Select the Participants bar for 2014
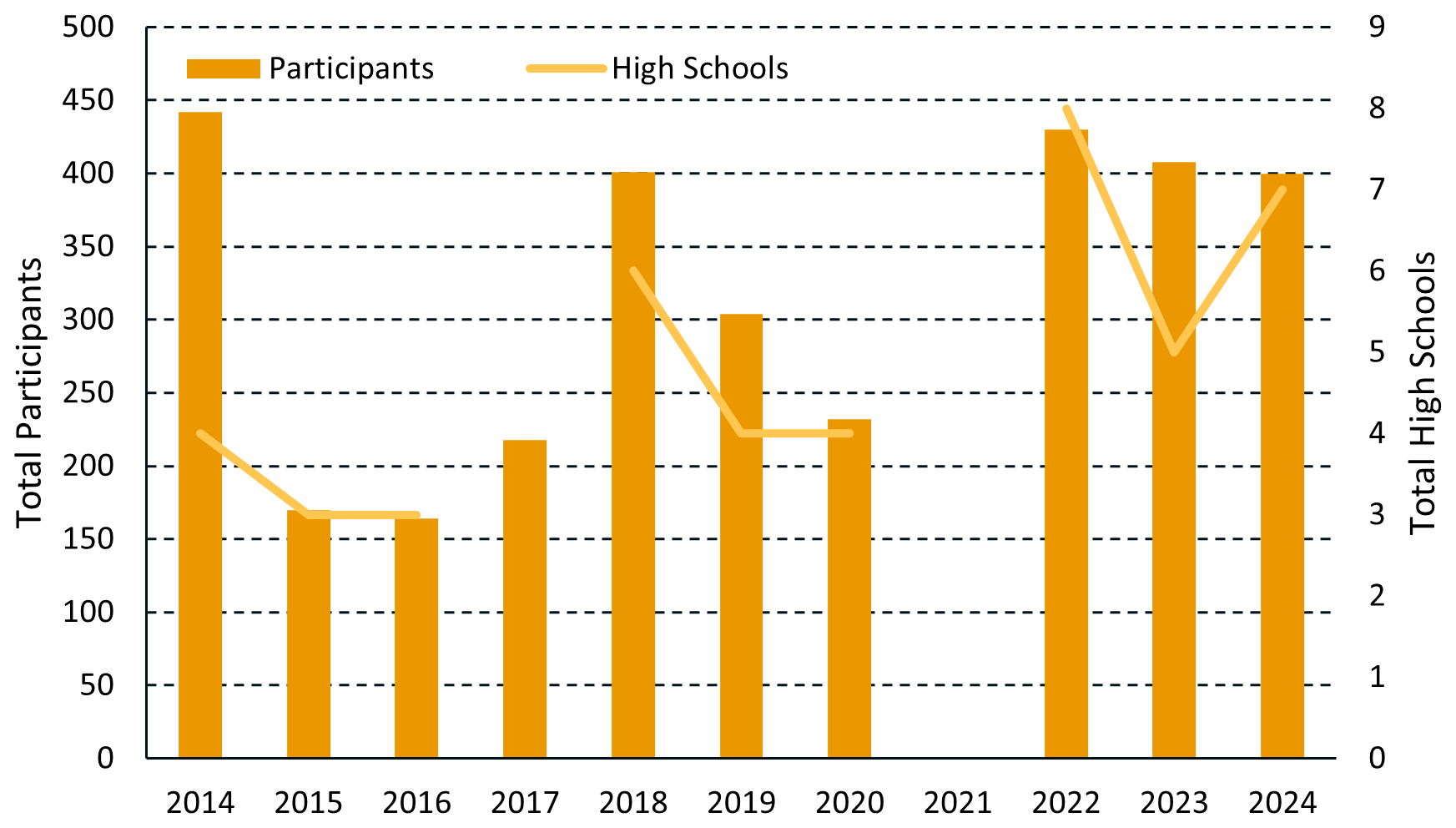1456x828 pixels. [200, 434]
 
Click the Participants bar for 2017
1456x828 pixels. [525, 598]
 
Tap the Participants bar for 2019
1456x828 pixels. [741, 535]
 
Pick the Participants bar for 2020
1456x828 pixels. [849, 588]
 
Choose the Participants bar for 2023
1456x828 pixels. [1174, 459]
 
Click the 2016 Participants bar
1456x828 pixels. [416, 638]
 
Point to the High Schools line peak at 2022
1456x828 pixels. [1066, 109]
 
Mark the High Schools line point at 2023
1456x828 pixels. [1174, 352]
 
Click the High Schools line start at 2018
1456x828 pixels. [633, 270]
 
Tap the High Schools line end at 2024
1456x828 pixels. [1282, 189]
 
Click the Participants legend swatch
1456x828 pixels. [223, 68]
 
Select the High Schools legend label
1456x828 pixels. [699, 68]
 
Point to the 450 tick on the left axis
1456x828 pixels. [88, 100]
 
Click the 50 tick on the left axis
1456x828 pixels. [98, 685]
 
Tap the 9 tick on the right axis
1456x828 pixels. [1377, 27]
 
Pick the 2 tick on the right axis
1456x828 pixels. [1377, 595]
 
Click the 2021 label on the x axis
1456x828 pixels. [958, 803]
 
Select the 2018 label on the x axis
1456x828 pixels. [633, 803]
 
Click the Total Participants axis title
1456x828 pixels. [30, 392]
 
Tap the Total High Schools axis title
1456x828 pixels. [1423, 392]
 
